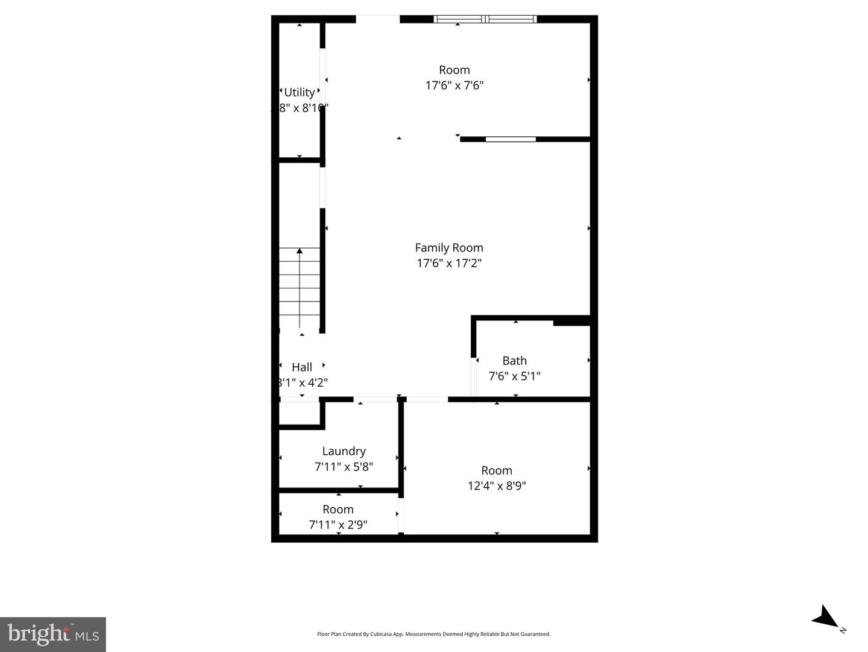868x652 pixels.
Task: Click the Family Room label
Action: tap(449, 247)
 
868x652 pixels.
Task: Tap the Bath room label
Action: tap(514, 361)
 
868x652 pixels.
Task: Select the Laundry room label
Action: tap(344, 451)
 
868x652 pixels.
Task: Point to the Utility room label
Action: tap(299, 92)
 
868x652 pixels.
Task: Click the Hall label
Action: tap(302, 367)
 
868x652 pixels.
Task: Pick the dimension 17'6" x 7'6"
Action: tap(454, 86)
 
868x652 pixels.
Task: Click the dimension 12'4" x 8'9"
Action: tap(497, 486)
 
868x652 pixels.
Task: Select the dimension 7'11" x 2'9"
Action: tap(338, 525)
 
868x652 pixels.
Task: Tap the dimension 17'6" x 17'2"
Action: tap(449, 263)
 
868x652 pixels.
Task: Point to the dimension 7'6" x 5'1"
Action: tap(514, 376)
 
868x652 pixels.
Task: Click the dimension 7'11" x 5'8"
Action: tap(344, 467)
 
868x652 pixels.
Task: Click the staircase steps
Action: tap(300, 290)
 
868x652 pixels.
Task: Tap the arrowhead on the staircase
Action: tap(300, 251)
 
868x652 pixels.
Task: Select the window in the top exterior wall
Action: tap(485, 19)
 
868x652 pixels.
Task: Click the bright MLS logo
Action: tap(53, 635)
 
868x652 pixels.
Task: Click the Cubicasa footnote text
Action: tap(433, 634)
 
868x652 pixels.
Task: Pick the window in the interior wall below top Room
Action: tap(511, 139)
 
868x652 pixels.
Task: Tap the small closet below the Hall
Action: tap(299, 414)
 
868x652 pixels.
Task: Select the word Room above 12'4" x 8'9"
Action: tap(497, 470)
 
